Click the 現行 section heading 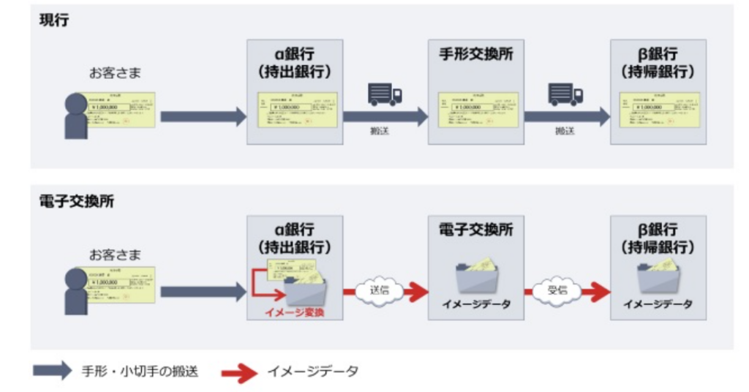[54, 20]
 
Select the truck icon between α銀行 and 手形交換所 [385, 94]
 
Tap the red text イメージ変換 [296, 313]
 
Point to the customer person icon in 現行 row [76, 117]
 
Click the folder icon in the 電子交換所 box [477, 276]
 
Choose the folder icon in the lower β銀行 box [658, 276]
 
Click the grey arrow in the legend [53, 371]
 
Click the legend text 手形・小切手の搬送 [140, 372]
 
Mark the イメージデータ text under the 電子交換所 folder [477, 304]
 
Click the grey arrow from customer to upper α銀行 [203, 116]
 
